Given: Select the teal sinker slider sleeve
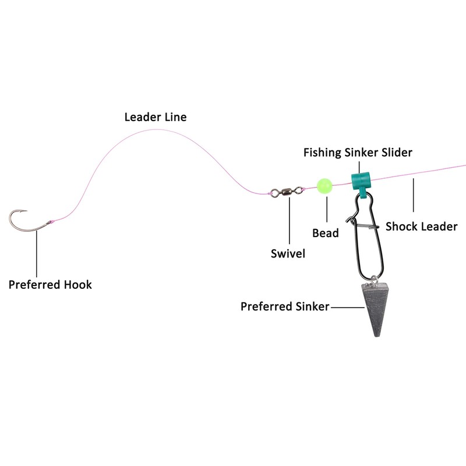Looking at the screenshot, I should [361, 178].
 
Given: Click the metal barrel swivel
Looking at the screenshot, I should [288, 190].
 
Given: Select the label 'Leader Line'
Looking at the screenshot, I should [156, 117].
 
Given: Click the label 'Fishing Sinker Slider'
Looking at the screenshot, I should [358, 153].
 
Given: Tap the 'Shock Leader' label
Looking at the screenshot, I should [422, 226].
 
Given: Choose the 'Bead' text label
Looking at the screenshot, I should [325, 233].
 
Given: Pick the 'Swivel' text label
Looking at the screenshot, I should [288, 253].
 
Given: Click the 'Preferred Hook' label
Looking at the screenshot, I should [50, 285].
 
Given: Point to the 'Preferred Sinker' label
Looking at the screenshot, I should [285, 306].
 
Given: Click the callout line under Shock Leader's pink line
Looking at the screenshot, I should [413, 195].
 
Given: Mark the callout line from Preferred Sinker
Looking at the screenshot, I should [347, 306].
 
